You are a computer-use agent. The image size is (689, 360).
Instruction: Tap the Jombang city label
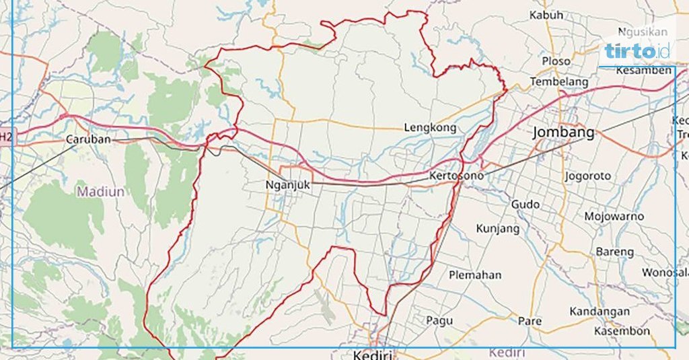[563, 132]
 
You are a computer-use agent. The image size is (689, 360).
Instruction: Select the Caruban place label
[87, 139]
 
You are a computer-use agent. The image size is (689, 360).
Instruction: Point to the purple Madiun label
[100, 192]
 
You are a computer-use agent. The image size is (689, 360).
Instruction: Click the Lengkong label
[429, 127]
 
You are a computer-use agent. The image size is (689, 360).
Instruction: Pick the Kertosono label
[456, 176]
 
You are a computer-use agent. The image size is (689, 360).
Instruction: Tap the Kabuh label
[546, 15]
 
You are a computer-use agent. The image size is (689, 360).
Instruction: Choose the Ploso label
[556, 61]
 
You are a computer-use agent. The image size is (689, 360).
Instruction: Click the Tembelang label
[558, 81]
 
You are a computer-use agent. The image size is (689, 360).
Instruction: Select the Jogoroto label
[588, 176]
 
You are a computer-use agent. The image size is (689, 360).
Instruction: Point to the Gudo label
[525, 203]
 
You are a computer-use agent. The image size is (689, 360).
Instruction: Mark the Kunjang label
[497, 229]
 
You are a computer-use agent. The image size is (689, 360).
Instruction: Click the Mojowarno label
[614, 217]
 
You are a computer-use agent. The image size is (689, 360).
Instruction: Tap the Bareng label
[614, 252]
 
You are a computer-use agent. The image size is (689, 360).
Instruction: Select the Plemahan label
[475, 275]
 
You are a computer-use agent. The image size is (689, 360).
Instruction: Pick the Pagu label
[439, 321]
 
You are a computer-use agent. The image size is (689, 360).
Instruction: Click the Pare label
[530, 321]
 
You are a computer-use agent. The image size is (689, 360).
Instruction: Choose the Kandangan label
[600, 312]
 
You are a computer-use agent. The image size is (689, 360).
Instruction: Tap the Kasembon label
[622, 331]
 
